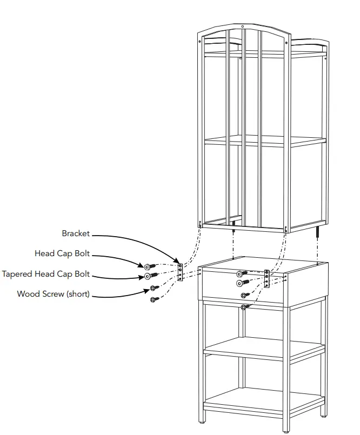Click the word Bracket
point(76,234)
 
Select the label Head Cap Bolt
point(62,253)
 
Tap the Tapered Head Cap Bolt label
point(45,274)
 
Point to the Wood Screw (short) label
point(53,294)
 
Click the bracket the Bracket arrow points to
point(181,272)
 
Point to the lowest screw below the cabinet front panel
point(245,307)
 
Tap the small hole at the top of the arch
point(243,26)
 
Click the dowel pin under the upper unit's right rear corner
point(318,233)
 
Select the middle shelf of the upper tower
point(265,140)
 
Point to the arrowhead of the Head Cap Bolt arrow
point(143,265)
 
